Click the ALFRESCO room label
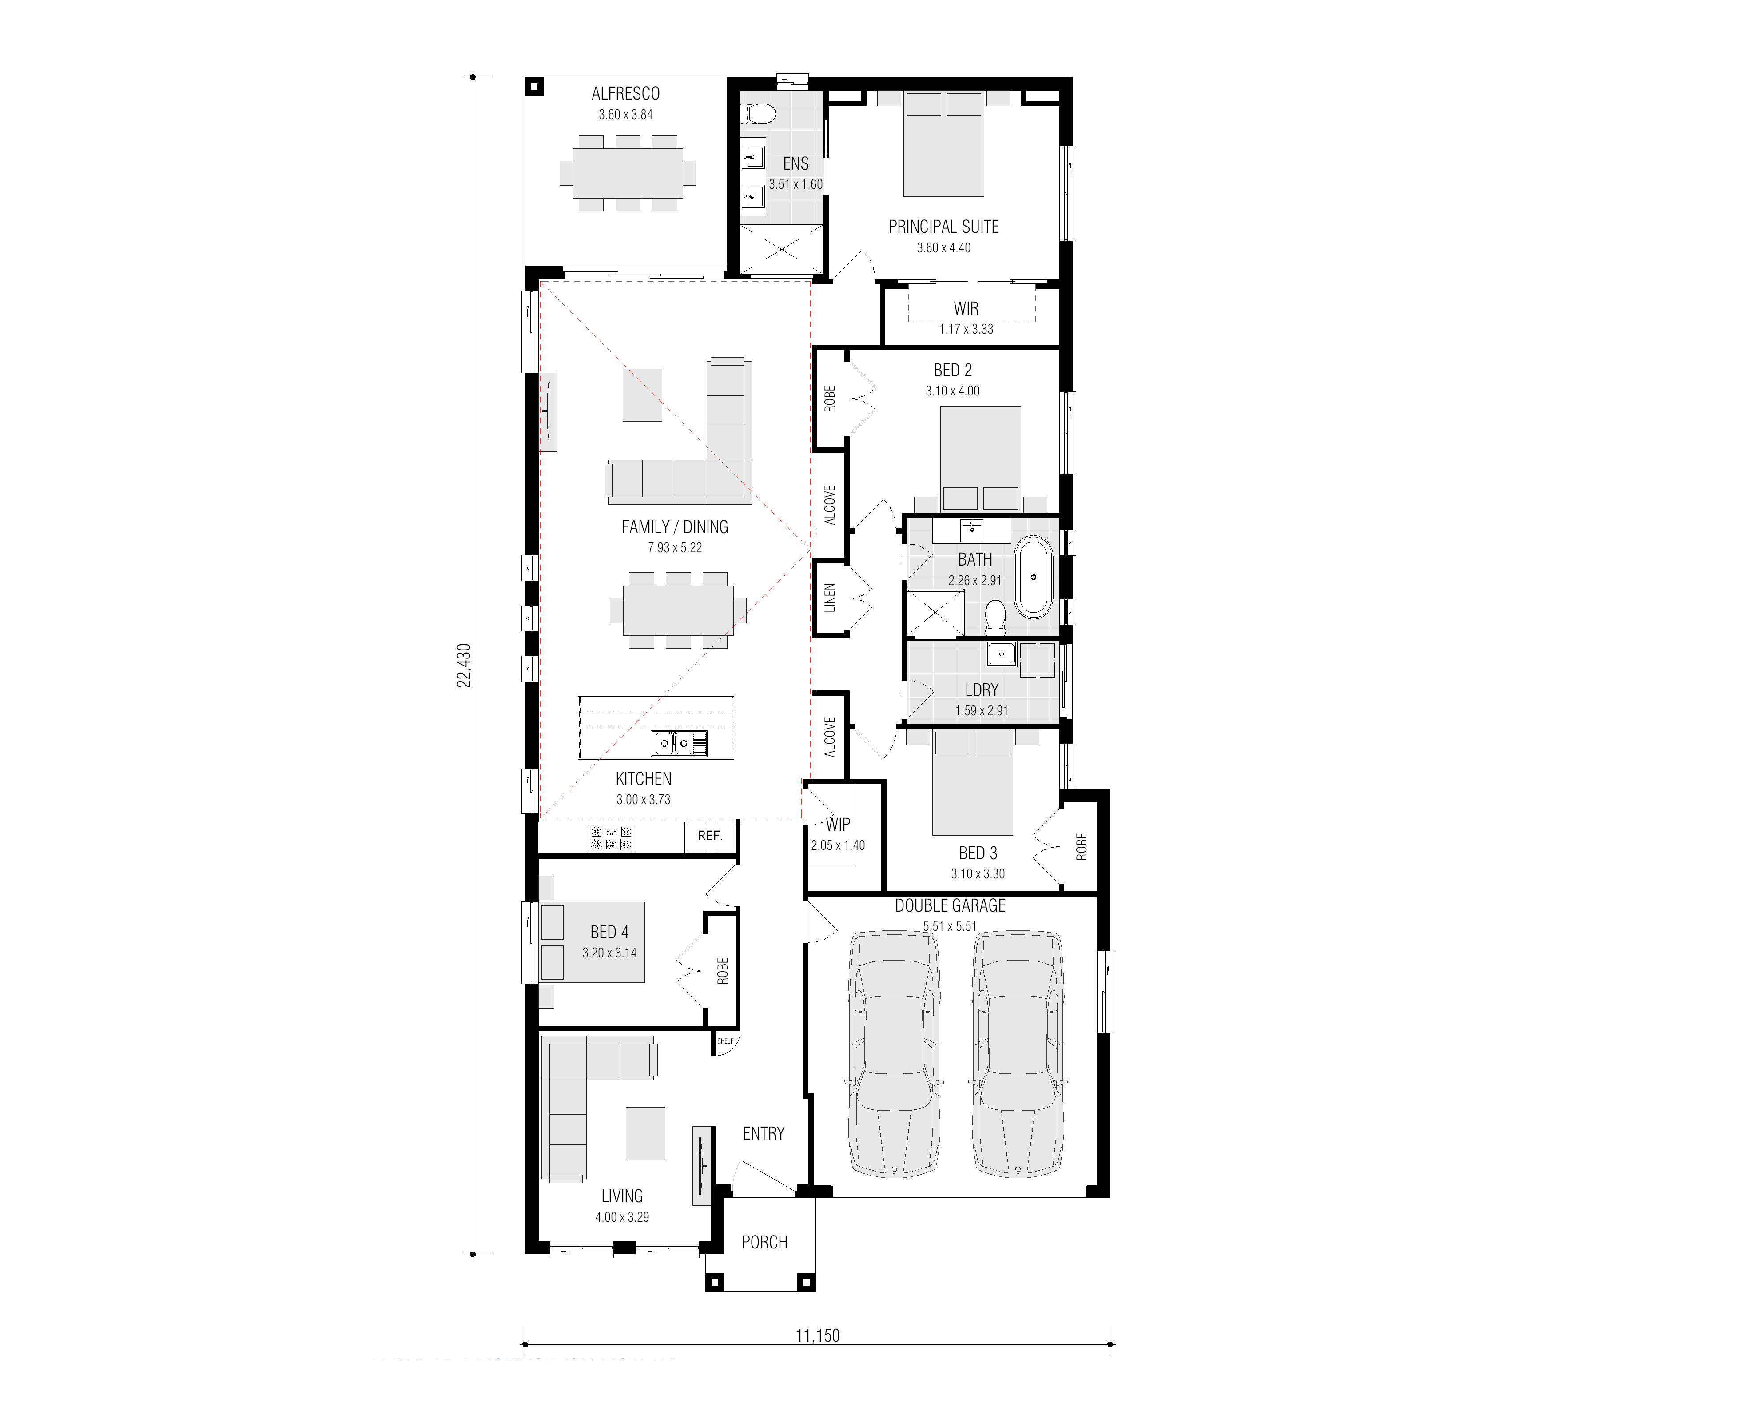pos(625,94)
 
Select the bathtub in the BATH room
pos(1033,577)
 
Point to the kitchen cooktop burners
pos(611,838)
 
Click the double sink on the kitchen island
pos(678,743)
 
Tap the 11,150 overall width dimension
pos(817,1335)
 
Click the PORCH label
pos(764,1242)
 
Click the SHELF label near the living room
pos(725,1041)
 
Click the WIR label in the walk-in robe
pos(966,308)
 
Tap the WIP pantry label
pos(837,825)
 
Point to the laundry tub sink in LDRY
pos(1001,654)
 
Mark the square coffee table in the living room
pos(645,1133)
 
